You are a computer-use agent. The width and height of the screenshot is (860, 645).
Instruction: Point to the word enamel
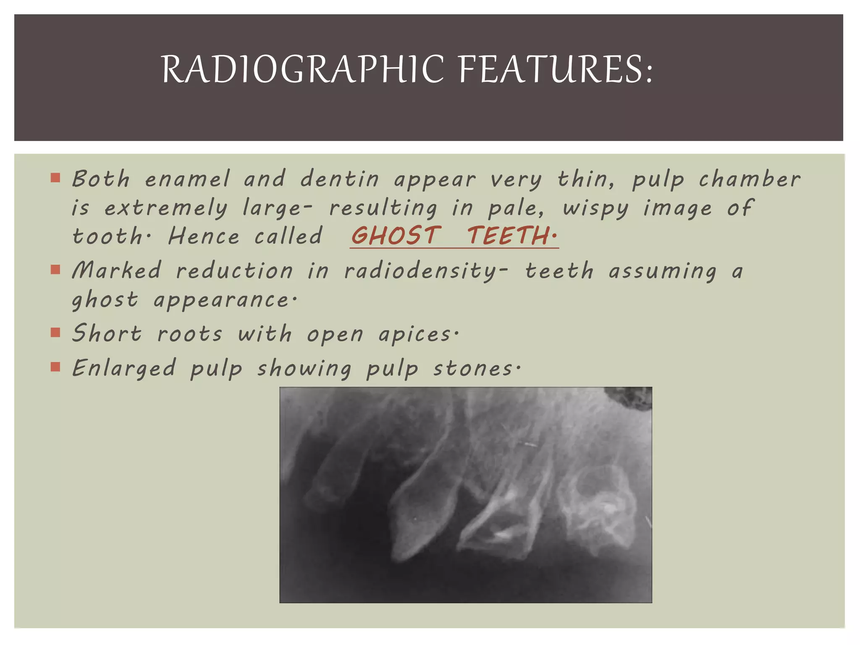[187, 179]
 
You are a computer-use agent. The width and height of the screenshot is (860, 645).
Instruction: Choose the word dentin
[340, 179]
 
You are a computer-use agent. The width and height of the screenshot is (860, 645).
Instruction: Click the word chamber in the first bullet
[750, 179]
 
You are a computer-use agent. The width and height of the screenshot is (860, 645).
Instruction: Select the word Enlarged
[123, 369]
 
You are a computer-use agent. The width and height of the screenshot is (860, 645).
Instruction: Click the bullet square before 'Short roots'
[55, 333]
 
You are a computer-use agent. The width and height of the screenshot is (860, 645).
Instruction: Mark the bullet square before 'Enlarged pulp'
[55, 367]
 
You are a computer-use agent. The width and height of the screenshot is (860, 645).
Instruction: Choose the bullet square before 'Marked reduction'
[55, 269]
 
